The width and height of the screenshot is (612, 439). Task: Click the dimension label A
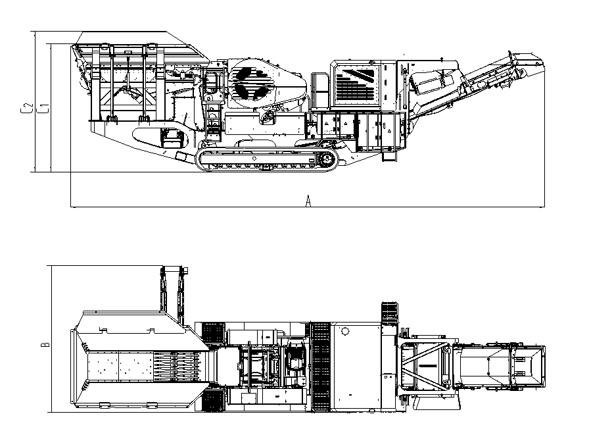308,201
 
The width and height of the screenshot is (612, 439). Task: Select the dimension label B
45,345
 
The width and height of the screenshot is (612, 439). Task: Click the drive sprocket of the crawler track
327,159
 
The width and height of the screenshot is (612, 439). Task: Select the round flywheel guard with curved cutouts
250,82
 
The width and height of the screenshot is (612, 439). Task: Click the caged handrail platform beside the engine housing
320,90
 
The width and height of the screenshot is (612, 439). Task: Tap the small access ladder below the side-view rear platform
389,155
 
